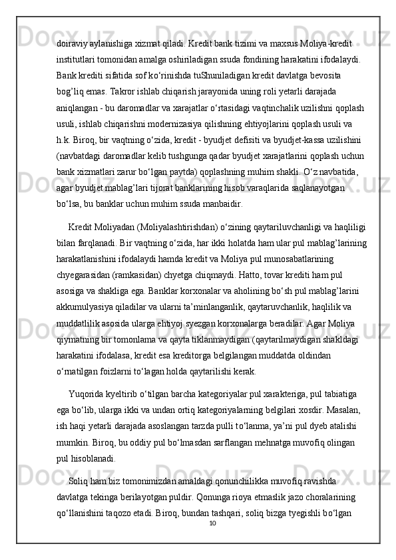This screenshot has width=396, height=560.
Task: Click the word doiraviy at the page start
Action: (x=73, y=41)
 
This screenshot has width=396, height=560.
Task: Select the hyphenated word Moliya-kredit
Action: (x=321, y=41)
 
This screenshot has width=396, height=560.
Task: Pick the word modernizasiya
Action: (x=197, y=122)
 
